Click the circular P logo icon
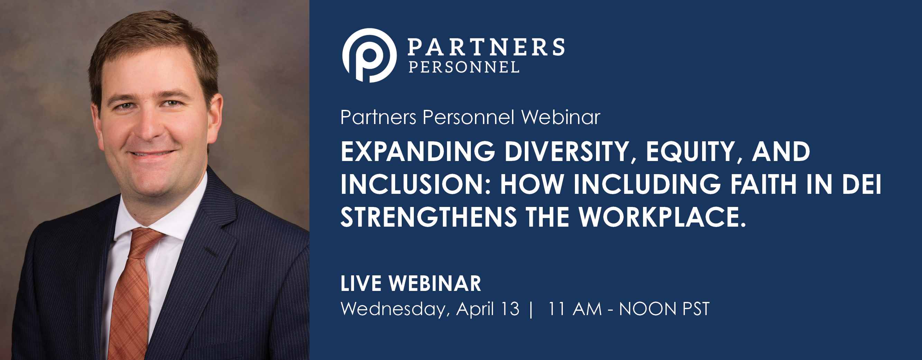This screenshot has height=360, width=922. pos(369,56)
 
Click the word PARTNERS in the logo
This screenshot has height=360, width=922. pos(486,47)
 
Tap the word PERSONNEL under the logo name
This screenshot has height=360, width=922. pos(464,67)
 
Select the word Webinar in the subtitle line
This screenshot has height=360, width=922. pos(560,117)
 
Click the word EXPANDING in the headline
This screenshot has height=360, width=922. pos(418,151)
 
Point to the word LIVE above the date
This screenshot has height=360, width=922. pos(361,284)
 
